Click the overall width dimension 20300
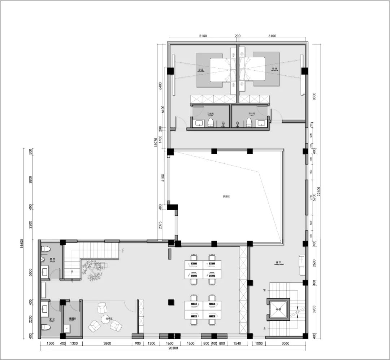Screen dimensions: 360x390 (173, 348)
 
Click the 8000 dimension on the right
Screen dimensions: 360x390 (314, 97)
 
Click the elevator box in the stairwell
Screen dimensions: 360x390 (279, 309)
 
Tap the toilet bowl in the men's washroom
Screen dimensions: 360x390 (45, 249)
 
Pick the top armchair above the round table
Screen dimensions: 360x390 (102, 308)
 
